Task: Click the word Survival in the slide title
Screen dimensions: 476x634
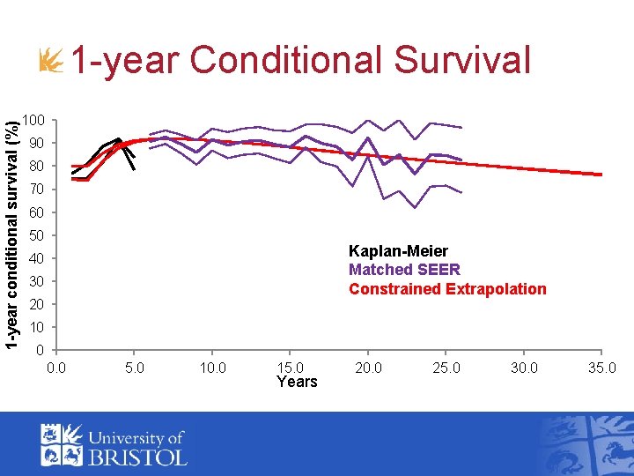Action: pos(462,61)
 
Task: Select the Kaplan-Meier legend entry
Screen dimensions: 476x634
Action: pos(398,251)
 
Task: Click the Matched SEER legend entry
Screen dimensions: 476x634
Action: pos(404,270)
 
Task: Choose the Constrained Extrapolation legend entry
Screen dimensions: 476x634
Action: pos(447,289)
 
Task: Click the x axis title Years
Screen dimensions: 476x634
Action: pos(297,382)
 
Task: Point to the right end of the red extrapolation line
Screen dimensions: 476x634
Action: pos(601,175)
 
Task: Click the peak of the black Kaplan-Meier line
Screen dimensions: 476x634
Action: pos(118,138)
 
